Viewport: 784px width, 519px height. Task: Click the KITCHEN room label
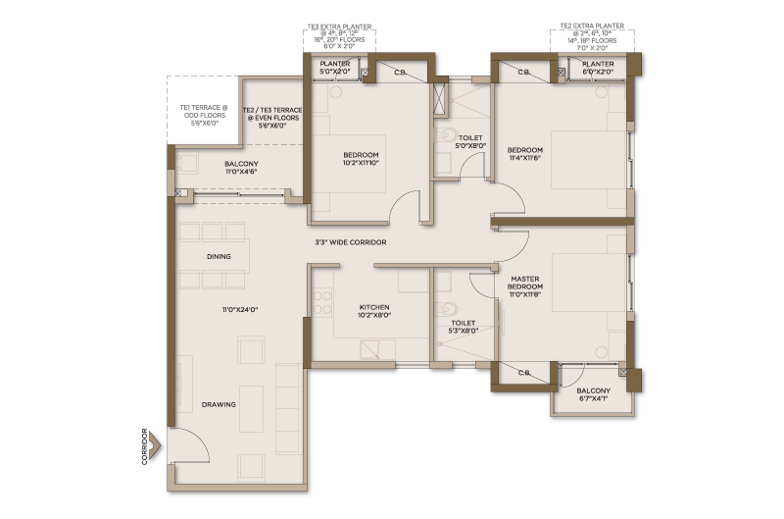pyautogui.click(x=374, y=307)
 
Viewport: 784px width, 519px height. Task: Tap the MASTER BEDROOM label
pyautogui.click(x=525, y=283)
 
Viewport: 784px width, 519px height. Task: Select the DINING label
pyautogui.click(x=219, y=256)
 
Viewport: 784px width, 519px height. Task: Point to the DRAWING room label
pyautogui.click(x=219, y=404)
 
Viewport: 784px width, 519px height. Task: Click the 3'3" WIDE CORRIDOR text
pyautogui.click(x=351, y=242)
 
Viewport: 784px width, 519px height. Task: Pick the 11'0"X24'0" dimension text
pyautogui.click(x=240, y=310)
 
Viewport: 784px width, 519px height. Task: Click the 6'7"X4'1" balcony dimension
pyautogui.click(x=594, y=399)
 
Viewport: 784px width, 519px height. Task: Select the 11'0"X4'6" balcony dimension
pyautogui.click(x=241, y=172)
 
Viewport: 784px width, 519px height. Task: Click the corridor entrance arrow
pyautogui.click(x=155, y=445)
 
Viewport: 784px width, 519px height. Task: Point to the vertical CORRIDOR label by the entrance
pyautogui.click(x=144, y=446)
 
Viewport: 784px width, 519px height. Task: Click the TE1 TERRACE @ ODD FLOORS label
pyautogui.click(x=204, y=115)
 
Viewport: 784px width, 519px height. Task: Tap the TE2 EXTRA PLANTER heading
pyautogui.click(x=592, y=26)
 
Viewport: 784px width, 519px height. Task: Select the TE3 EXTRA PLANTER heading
pyautogui.click(x=339, y=27)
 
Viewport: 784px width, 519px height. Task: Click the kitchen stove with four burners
pyautogui.click(x=322, y=302)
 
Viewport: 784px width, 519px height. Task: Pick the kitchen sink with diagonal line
pyautogui.click(x=369, y=349)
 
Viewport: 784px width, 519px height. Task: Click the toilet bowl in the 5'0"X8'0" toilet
pyautogui.click(x=447, y=134)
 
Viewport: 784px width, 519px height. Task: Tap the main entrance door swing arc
pyautogui.click(x=199, y=441)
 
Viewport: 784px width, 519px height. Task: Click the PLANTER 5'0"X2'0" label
pyautogui.click(x=335, y=68)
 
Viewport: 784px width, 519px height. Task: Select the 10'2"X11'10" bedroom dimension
pyautogui.click(x=361, y=163)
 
